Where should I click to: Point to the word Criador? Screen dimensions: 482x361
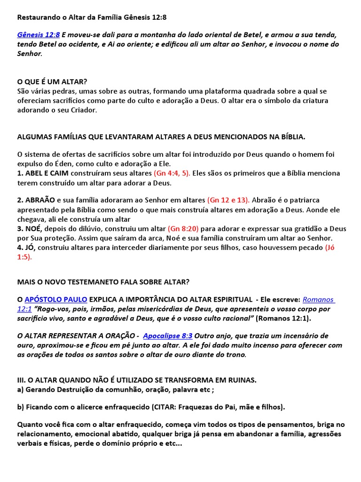click(84, 110)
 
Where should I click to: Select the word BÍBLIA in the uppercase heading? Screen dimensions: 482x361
click(291, 137)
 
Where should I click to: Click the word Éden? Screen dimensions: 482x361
click(61, 163)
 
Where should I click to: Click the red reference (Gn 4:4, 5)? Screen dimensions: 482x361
click(172, 173)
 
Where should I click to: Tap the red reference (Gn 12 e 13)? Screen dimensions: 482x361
click(228, 200)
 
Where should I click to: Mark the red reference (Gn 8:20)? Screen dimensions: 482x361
click(183, 229)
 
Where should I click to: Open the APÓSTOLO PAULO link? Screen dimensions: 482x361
click(55, 299)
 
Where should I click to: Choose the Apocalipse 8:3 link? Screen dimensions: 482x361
click(168, 336)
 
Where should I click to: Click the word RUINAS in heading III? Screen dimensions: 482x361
click(239, 380)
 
